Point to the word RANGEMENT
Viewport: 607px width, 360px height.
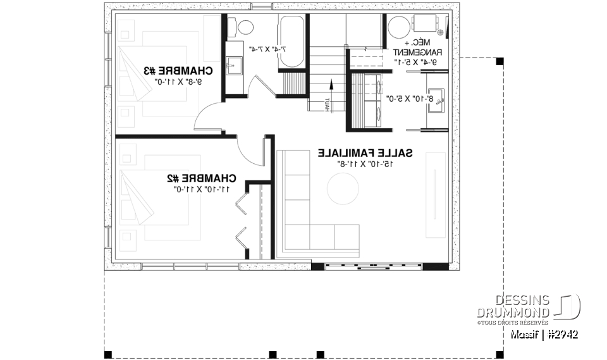[x=417, y=53]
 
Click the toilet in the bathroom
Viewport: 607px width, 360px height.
[x=242, y=27]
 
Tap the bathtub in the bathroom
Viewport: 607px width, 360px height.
[x=291, y=42]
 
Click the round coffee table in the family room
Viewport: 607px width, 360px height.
[x=343, y=188]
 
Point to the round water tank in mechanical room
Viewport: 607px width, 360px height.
[x=400, y=28]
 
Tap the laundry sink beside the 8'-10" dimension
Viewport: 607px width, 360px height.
[x=437, y=101]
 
